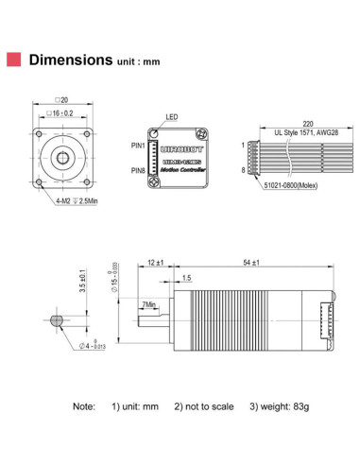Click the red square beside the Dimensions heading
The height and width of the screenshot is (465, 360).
click(x=15, y=60)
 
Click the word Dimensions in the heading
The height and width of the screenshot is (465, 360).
click(x=71, y=60)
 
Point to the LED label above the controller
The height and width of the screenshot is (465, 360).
click(x=171, y=118)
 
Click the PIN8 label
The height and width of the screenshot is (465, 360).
click(x=137, y=170)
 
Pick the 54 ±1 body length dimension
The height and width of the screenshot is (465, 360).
click(x=252, y=262)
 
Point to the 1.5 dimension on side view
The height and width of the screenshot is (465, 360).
click(x=186, y=278)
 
